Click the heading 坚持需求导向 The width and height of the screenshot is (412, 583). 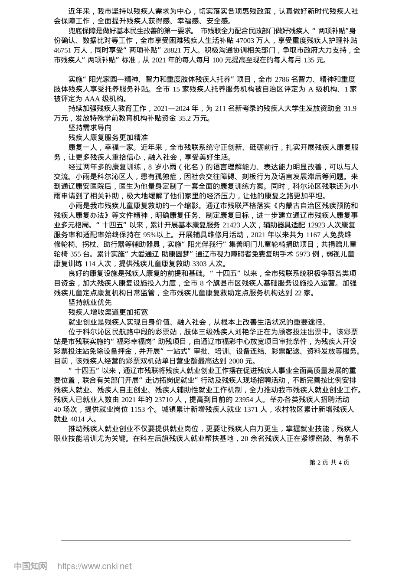(90, 128)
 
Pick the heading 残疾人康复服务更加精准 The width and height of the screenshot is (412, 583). (108, 138)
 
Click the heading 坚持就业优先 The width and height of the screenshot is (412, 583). (90, 302)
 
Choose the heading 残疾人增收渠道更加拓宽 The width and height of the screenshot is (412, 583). (108, 312)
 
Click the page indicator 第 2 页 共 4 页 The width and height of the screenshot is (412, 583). (329, 462)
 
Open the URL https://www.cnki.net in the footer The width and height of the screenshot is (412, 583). (95, 566)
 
